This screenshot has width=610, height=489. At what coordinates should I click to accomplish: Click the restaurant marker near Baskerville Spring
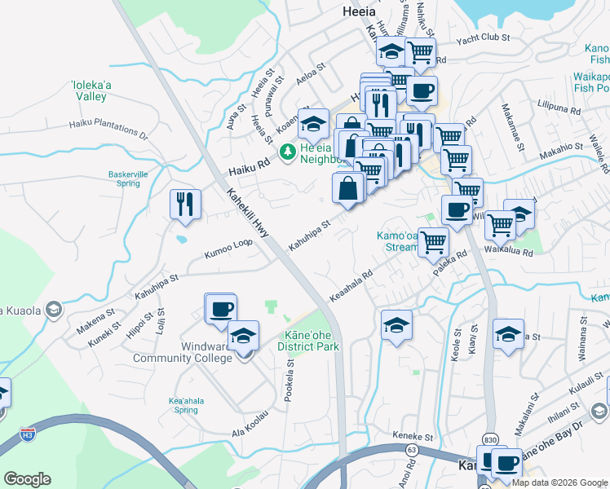(x=185, y=204)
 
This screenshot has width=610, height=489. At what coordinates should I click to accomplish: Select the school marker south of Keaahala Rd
(x=396, y=324)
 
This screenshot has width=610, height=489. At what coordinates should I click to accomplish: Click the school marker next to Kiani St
(x=508, y=334)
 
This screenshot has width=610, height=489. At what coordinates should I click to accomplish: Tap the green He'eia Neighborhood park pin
(x=287, y=152)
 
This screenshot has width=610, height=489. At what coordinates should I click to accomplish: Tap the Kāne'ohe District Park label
(x=307, y=341)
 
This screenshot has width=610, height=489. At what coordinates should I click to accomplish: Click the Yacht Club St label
(x=482, y=38)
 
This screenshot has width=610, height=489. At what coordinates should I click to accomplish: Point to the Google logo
(x=28, y=479)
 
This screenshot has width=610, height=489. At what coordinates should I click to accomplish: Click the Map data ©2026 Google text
(x=559, y=482)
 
